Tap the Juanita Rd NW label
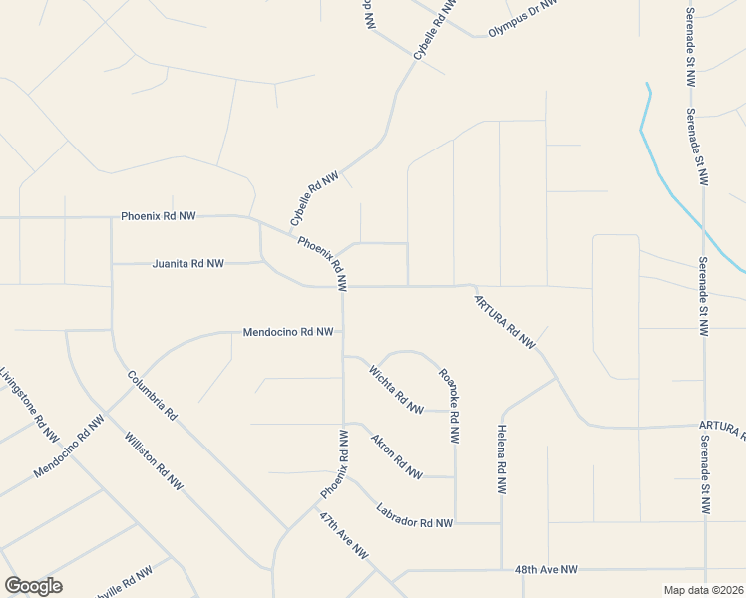(x=188, y=264)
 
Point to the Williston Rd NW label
(x=155, y=460)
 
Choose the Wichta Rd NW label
(x=396, y=389)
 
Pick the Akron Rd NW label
(x=396, y=455)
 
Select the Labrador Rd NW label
(x=415, y=515)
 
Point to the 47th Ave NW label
(x=344, y=536)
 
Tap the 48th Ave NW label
(x=547, y=569)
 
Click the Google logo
(x=33, y=586)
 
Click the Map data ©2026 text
(x=703, y=590)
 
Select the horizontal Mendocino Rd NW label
(x=288, y=332)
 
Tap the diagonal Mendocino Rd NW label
(x=69, y=448)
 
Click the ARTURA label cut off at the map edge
(x=723, y=428)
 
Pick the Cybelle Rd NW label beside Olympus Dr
(x=436, y=30)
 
